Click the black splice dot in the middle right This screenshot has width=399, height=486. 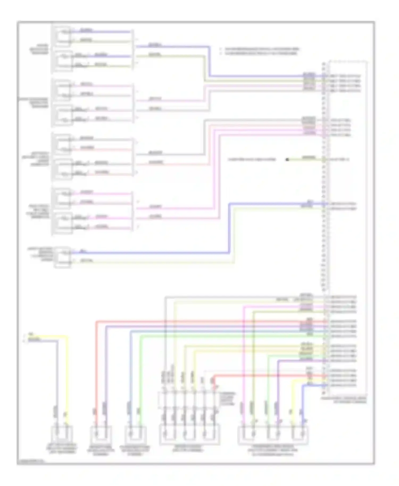(x=287, y=160)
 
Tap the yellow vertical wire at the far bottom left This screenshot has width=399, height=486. (x=67, y=378)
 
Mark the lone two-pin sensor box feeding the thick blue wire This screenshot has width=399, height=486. (x=63, y=257)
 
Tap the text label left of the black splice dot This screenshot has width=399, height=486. (x=252, y=160)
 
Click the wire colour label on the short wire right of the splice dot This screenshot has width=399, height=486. (x=309, y=157)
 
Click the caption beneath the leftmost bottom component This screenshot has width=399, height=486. (x=62, y=448)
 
